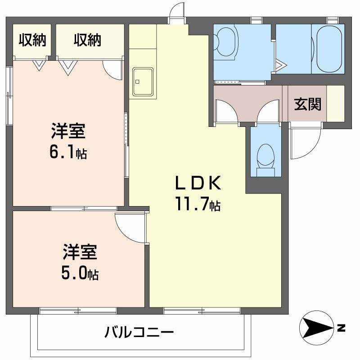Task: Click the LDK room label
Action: (198, 184)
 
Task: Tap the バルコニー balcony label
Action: (139, 333)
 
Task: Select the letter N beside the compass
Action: (342, 327)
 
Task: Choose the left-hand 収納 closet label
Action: (32, 40)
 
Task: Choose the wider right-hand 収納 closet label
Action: (88, 40)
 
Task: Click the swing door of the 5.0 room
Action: (130, 227)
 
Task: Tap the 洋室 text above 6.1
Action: (68, 132)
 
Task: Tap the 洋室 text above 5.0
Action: (80, 252)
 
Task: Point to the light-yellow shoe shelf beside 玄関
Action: (335, 103)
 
